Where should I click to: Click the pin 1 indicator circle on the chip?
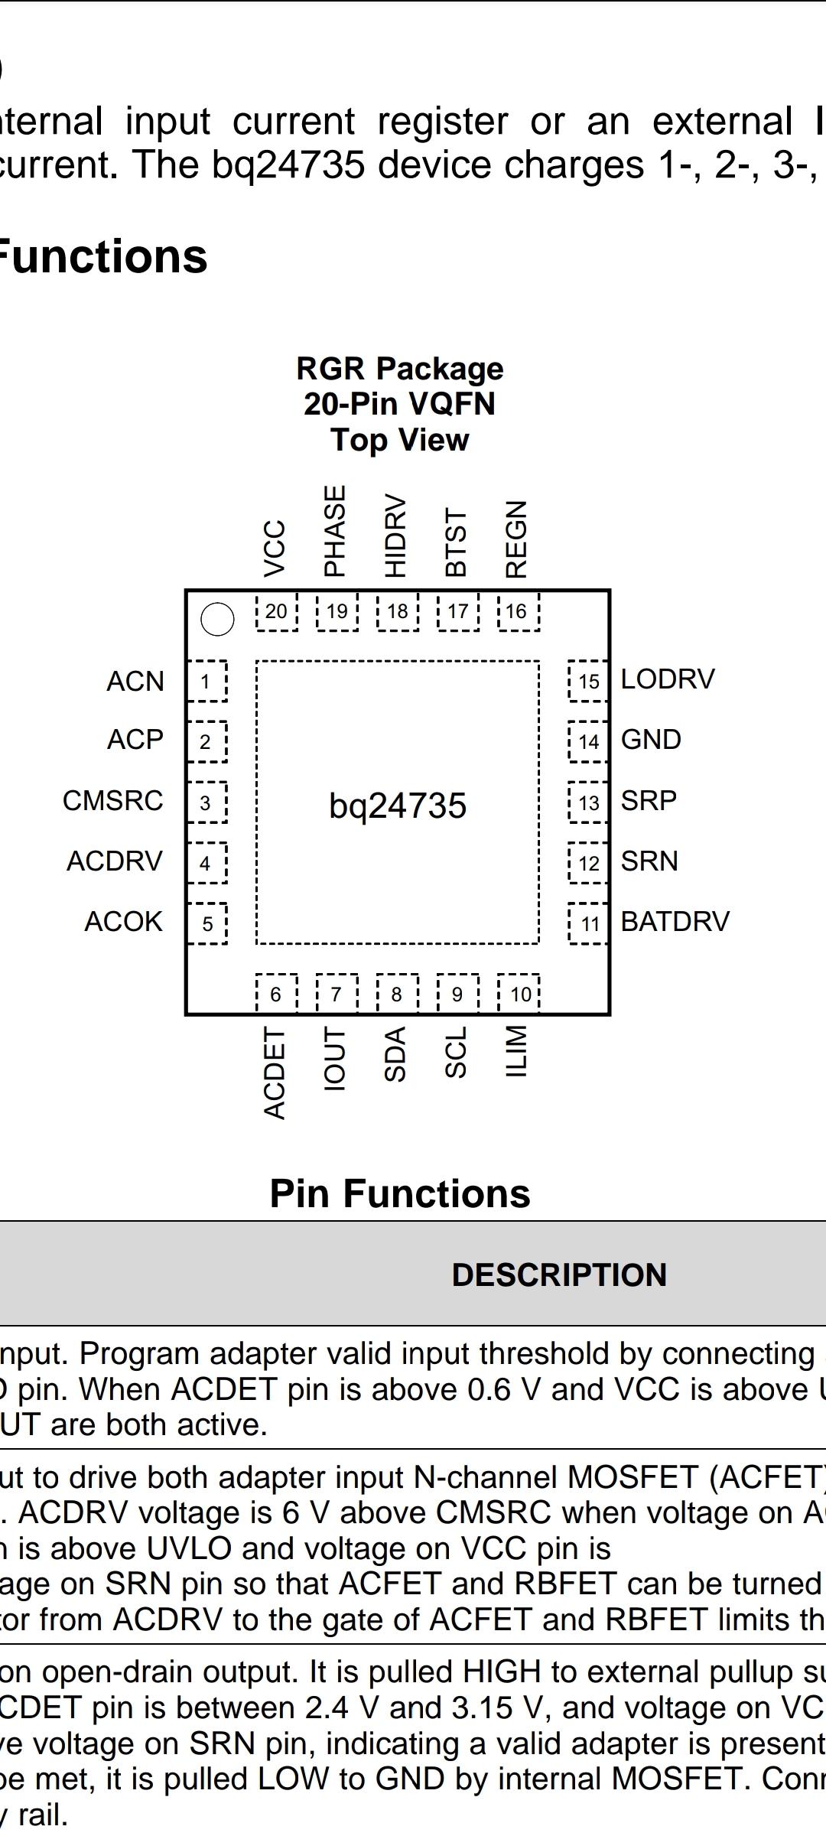217,619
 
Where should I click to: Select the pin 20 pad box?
276,611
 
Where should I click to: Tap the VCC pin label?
275,548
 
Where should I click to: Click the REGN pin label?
517,539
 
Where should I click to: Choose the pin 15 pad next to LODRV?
588,681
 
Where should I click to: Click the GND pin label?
651,740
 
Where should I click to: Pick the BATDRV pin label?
675,921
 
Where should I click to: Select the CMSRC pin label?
113,801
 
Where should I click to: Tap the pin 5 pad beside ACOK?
207,924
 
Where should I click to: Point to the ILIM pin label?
517,1051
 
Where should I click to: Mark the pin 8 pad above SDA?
397,994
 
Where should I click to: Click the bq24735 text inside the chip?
398,806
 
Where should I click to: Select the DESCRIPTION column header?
559,1274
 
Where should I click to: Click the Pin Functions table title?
400,1193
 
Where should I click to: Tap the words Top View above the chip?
400,440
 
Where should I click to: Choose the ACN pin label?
135,681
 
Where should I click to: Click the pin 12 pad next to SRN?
588,863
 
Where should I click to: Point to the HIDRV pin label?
395,535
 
